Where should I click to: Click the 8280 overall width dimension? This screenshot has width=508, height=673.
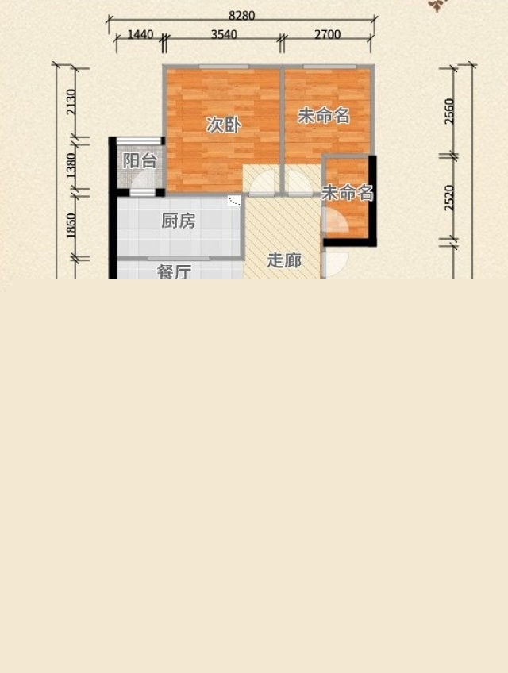pyautogui.click(x=242, y=15)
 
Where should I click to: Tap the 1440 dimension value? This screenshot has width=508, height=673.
pyautogui.click(x=140, y=34)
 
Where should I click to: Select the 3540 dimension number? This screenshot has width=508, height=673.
pyautogui.click(x=224, y=34)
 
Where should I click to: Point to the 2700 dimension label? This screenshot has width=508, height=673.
pyautogui.click(x=327, y=34)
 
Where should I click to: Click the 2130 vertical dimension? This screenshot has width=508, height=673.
pyautogui.click(x=71, y=102)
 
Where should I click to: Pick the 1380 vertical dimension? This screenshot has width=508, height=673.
pyautogui.click(x=71, y=166)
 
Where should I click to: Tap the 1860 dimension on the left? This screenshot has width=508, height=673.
pyautogui.click(x=71, y=225)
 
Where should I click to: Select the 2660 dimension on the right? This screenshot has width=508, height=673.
pyautogui.click(x=449, y=111)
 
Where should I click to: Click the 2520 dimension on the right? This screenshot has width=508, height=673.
pyautogui.click(x=449, y=198)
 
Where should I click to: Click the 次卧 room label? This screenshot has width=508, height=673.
pyautogui.click(x=223, y=125)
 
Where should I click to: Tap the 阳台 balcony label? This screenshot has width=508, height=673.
pyautogui.click(x=140, y=161)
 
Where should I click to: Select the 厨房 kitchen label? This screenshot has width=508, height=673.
pyautogui.click(x=179, y=221)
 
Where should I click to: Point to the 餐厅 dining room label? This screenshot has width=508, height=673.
pyautogui.click(x=174, y=272)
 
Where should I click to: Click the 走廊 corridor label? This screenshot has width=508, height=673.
pyautogui.click(x=284, y=260)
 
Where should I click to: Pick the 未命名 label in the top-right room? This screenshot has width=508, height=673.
pyautogui.click(x=324, y=116)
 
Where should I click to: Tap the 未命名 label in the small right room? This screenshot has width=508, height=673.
pyautogui.click(x=348, y=193)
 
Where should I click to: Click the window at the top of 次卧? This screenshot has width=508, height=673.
pyautogui.click(x=224, y=67)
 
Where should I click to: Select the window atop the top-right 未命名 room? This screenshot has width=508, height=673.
pyautogui.click(x=329, y=67)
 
